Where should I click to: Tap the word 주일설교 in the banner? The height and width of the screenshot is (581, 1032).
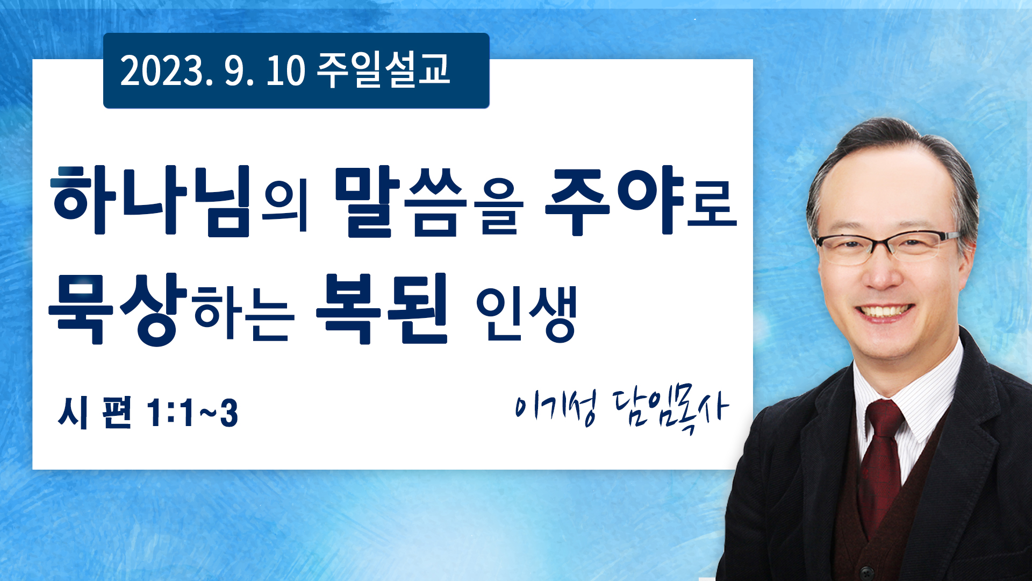(x=383, y=70)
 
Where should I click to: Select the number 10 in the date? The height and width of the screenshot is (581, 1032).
(x=285, y=71)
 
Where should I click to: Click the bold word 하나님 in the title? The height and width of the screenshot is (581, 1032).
(x=151, y=201)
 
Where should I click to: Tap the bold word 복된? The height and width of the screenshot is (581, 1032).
(x=382, y=308)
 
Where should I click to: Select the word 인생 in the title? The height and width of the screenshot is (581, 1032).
(x=526, y=314)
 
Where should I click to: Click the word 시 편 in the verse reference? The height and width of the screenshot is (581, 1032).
(x=95, y=413)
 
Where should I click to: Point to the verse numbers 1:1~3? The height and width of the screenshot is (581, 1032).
(x=192, y=413)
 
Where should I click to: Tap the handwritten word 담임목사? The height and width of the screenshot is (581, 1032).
(x=671, y=409)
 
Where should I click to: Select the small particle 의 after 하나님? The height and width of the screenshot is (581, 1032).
(x=284, y=207)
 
